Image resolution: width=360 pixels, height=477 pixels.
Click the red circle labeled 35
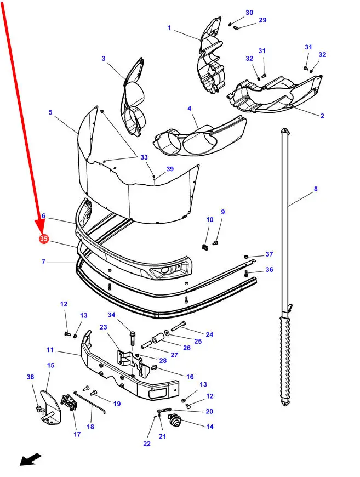(x=43, y=239)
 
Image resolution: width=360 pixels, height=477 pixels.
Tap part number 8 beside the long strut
(x=316, y=189)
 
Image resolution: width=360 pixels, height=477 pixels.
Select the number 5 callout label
(x=50, y=112)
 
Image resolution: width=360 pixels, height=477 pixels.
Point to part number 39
(x=170, y=169)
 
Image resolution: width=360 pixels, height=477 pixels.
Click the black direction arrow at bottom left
(x=30, y=459)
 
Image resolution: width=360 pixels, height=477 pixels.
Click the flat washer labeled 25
(x=167, y=332)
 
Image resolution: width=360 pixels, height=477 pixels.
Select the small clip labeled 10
(x=205, y=246)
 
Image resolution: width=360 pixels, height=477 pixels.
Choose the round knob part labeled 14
(x=174, y=419)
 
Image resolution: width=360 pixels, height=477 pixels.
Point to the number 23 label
(x=104, y=327)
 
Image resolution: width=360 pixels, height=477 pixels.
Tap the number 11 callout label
(x=50, y=350)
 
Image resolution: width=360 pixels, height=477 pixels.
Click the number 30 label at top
(x=249, y=13)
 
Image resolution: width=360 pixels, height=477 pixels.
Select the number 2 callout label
(x=322, y=116)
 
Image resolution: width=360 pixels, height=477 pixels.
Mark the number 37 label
(x=270, y=254)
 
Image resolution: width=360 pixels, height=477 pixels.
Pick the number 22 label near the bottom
(x=147, y=444)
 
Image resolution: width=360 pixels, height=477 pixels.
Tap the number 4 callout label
(x=190, y=109)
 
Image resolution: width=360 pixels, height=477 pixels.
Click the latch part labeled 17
(x=70, y=402)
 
